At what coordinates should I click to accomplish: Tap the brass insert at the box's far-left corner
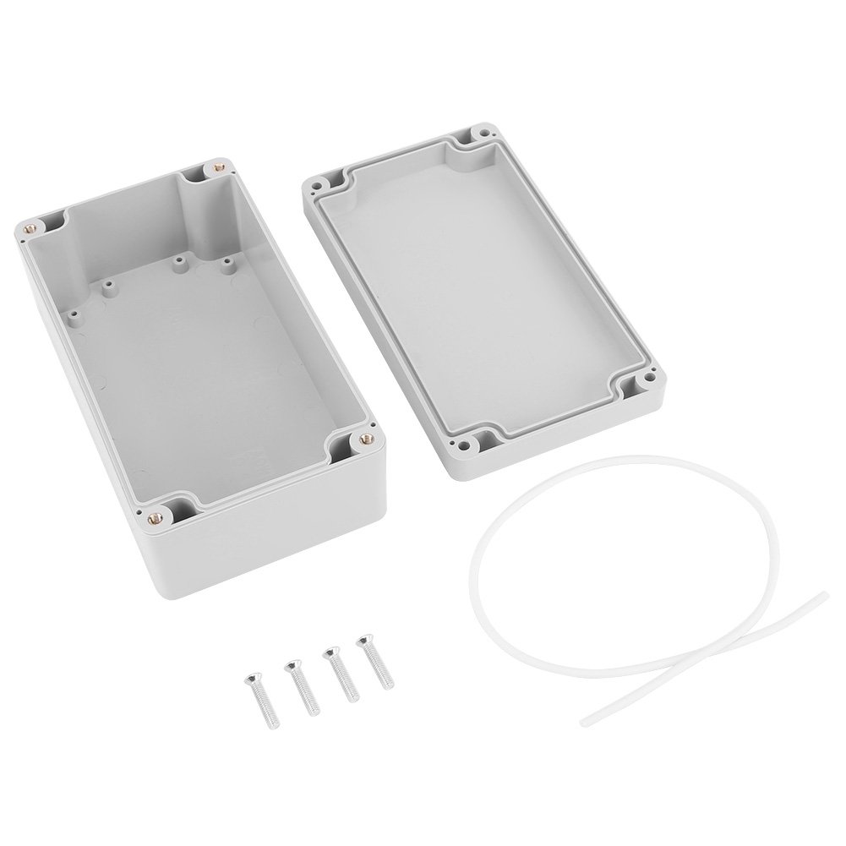click(33, 227)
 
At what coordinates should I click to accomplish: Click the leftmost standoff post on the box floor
click(73, 314)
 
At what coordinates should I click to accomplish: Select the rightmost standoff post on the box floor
click(227, 265)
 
